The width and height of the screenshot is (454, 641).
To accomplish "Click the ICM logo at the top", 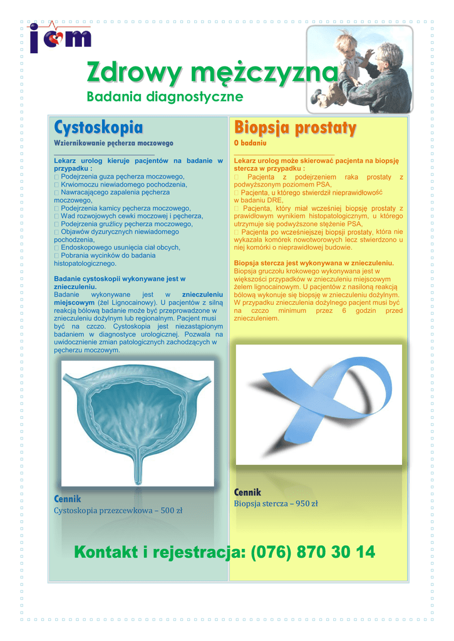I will click(x=60, y=38).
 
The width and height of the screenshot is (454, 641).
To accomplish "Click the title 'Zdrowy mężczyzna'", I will click(x=212, y=73).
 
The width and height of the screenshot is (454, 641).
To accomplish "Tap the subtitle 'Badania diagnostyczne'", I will click(x=164, y=96).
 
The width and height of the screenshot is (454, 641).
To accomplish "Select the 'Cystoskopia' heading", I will click(x=98, y=128).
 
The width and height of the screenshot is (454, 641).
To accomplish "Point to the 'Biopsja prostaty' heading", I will click(x=295, y=128).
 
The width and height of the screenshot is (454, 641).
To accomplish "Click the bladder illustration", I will click(x=138, y=423).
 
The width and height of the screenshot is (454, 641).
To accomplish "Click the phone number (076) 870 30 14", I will click(x=312, y=552).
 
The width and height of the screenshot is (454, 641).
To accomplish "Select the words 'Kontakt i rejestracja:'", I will click(x=160, y=552).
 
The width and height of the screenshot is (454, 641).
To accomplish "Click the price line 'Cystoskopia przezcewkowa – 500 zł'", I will click(x=118, y=511).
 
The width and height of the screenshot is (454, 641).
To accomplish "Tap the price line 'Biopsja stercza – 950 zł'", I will click(x=276, y=503).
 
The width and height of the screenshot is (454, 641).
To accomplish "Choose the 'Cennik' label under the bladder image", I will click(x=68, y=499).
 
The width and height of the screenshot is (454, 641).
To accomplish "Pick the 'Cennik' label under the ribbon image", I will click(x=247, y=493).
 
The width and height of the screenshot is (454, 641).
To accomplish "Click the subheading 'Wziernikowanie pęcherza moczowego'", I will click(x=113, y=143).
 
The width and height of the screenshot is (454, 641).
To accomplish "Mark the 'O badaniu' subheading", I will click(x=250, y=143).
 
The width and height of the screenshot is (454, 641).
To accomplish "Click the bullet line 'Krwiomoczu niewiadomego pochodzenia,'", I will click(x=123, y=185).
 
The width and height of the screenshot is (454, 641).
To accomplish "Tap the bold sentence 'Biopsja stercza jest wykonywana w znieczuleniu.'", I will click(x=314, y=263).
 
